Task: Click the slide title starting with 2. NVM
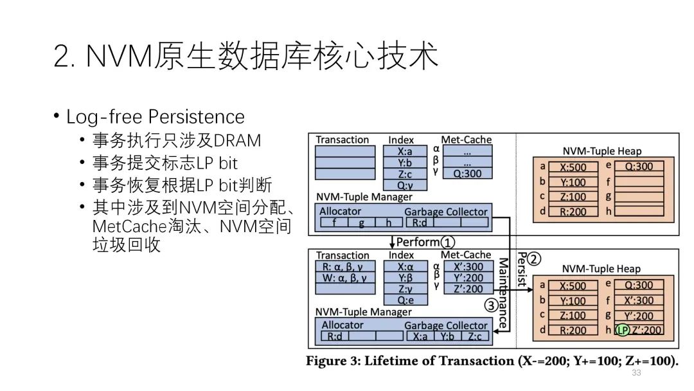click(x=246, y=57)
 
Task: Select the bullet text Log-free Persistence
click(x=156, y=116)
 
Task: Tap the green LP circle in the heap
click(x=621, y=331)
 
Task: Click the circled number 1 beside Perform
click(x=448, y=242)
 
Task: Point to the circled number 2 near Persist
click(x=535, y=260)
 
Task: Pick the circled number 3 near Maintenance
click(x=491, y=305)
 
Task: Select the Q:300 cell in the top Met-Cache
click(x=467, y=173)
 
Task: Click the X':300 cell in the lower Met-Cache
click(x=467, y=267)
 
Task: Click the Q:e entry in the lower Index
click(x=405, y=300)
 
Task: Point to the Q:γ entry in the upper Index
click(x=405, y=185)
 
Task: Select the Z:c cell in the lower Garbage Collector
click(x=474, y=336)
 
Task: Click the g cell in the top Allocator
click(x=362, y=223)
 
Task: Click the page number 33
click(x=637, y=373)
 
